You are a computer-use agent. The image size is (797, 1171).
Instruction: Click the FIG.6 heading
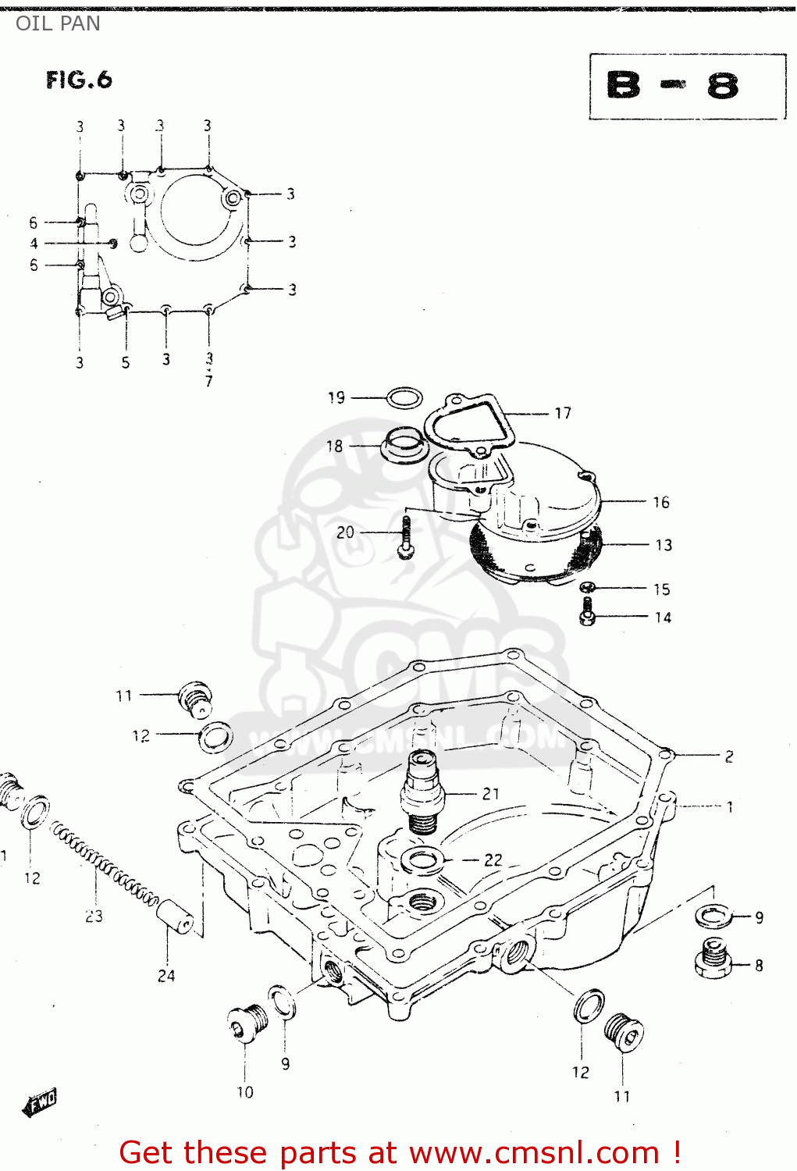79,80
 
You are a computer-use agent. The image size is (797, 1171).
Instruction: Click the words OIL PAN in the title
58,23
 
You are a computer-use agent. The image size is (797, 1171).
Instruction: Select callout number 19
336,398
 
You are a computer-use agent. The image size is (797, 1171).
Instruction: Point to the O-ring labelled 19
404,399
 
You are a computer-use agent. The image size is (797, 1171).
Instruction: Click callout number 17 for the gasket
563,413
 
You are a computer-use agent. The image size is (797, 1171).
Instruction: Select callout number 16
661,502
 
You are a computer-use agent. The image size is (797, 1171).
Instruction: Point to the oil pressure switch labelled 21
422,790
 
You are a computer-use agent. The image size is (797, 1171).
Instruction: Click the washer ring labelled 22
422,861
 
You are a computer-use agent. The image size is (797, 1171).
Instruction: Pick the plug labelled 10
247,1023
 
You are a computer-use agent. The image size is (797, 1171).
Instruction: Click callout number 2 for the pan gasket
728,756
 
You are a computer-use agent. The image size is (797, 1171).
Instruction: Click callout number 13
664,545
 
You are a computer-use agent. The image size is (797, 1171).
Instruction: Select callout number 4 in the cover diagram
34,244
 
